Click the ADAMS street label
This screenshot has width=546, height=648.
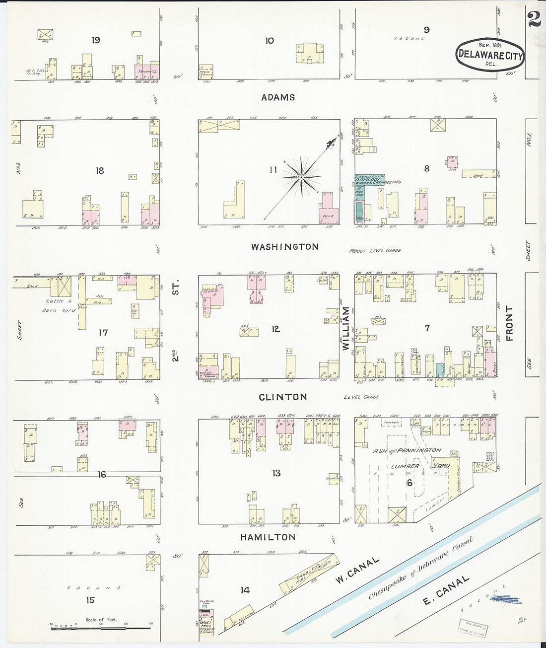coord(278,98)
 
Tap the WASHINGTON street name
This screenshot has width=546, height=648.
coord(284,247)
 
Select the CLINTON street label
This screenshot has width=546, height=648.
coord(283,397)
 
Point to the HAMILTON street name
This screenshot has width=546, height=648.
coord(268,537)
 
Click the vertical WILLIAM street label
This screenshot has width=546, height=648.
coord(346,329)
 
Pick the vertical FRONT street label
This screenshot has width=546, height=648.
coord(509,323)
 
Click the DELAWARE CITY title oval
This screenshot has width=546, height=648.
coord(490,55)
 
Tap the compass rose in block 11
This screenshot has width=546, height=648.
coord(301,176)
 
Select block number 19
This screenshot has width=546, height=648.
coord(96,40)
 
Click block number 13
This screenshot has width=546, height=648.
coord(276,473)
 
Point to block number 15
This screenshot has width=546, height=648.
coord(90,600)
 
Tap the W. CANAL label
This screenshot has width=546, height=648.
coord(357,570)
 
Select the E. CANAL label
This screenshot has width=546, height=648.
coord(446,591)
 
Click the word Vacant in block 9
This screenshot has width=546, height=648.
coord(409,38)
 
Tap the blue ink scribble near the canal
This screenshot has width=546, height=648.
coord(505,600)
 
